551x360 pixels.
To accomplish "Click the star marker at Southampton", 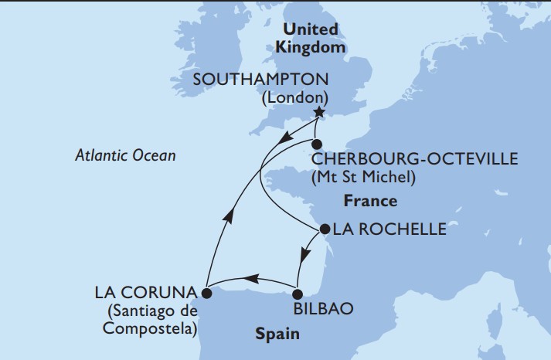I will pyautogui.click(x=318, y=112).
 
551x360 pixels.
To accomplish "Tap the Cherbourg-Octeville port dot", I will pyautogui.click(x=316, y=144).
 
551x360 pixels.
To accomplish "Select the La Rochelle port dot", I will pyautogui.click(x=325, y=229).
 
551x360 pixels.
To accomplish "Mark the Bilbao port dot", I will pyautogui.click(x=298, y=293).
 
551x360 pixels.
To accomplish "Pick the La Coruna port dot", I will pyautogui.click(x=206, y=293).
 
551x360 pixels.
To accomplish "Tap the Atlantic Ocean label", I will pyautogui.click(x=126, y=155).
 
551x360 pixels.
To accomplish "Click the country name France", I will pyautogui.click(x=371, y=201).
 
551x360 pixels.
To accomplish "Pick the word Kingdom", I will pyautogui.click(x=311, y=46).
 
